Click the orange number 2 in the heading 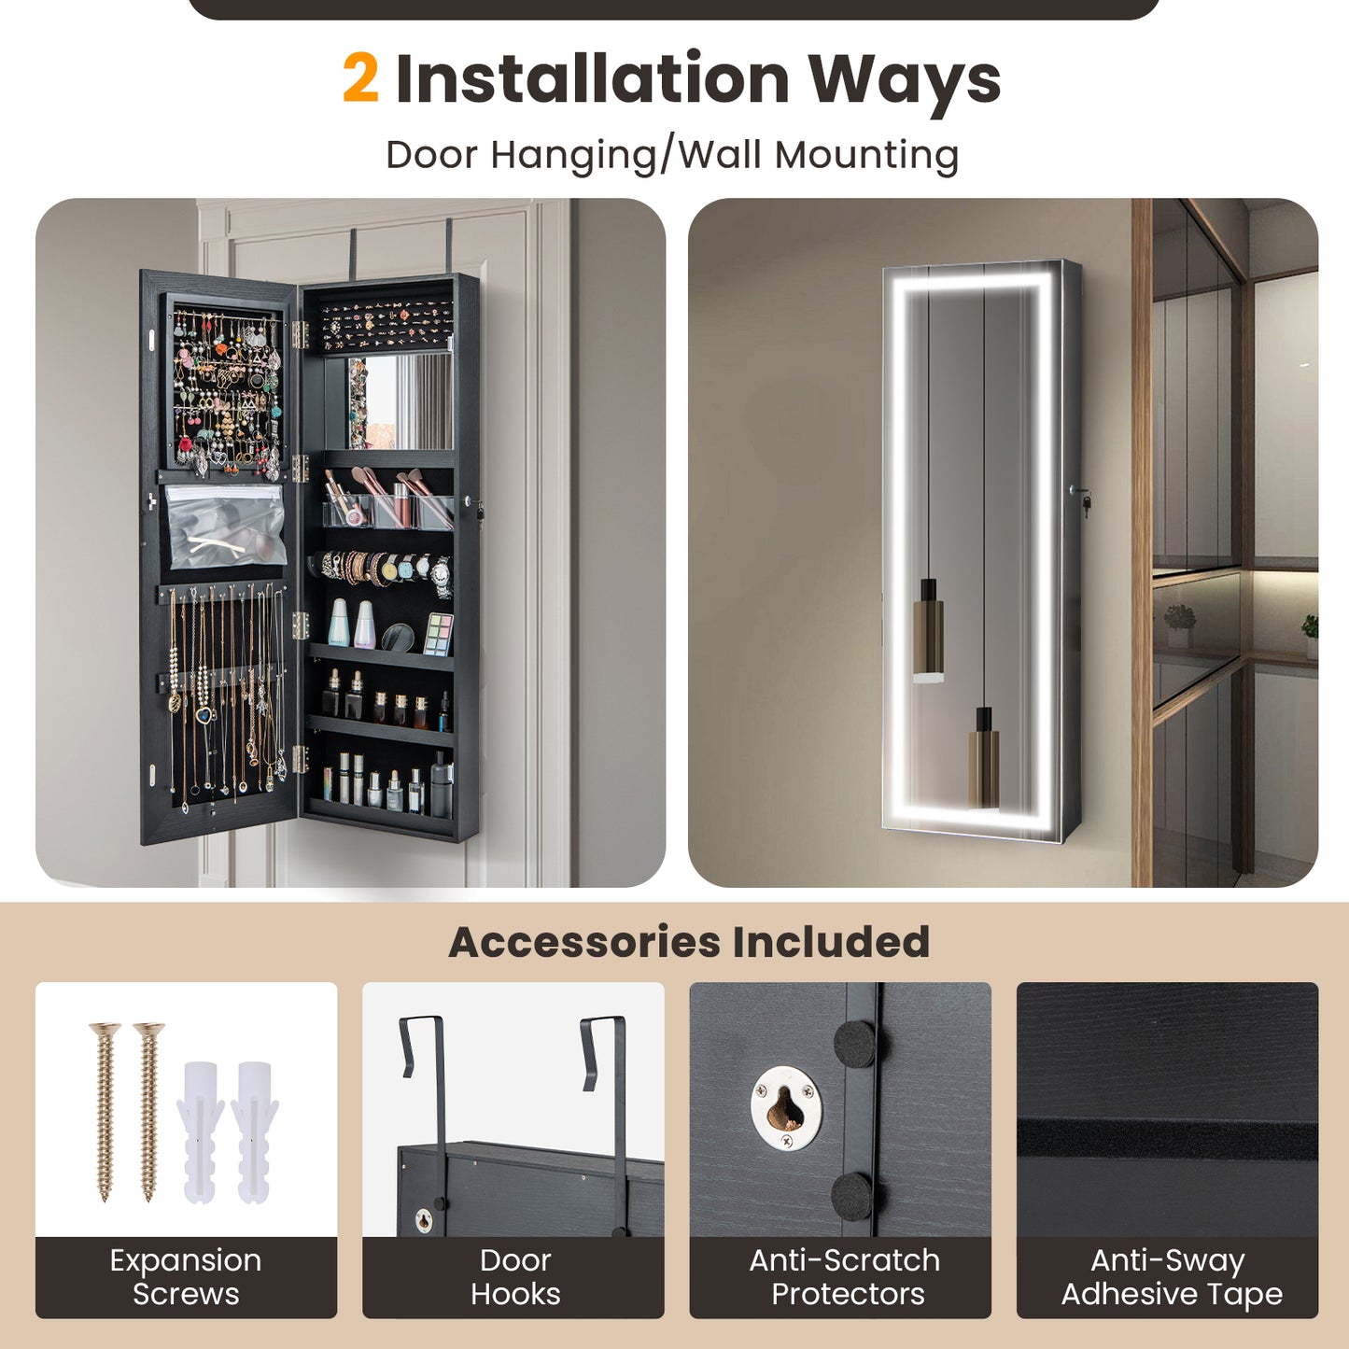click(360, 78)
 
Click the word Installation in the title click(593, 78)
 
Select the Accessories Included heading click(689, 942)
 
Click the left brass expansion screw click(105, 1111)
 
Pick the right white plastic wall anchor click(254, 1130)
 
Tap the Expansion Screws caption click(186, 1277)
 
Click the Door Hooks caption click(514, 1277)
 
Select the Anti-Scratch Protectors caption click(845, 1277)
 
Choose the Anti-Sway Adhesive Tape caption click(1171, 1277)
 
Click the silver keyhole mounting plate click(786, 1108)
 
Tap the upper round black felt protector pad click(854, 1044)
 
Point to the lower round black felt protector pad click(851, 1195)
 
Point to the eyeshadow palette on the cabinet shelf click(439, 634)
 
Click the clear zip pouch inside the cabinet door click(225, 527)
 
